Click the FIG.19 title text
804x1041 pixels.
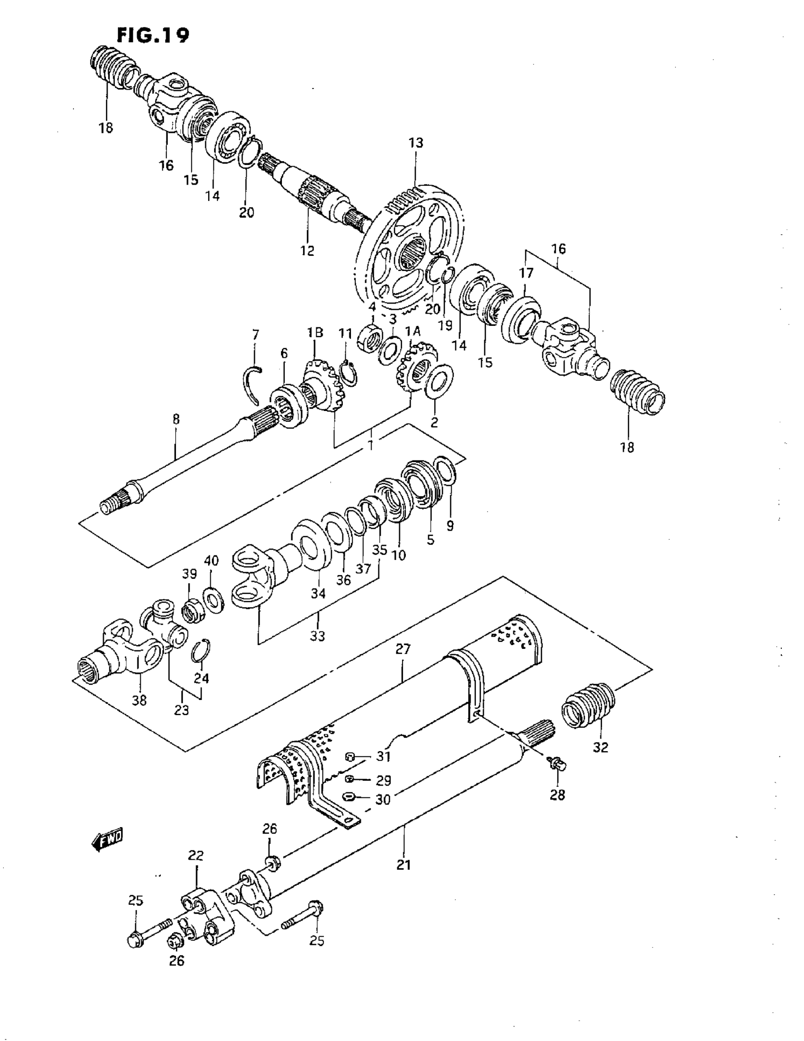point(153,35)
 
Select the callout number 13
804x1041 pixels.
point(416,142)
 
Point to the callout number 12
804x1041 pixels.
point(307,250)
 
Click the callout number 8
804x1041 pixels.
point(176,419)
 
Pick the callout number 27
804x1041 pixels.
point(403,649)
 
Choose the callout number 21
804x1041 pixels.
point(404,864)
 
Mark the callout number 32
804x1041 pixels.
point(601,747)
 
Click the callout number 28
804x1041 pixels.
point(557,795)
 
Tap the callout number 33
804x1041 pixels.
point(317,635)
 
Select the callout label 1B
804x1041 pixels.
point(315,332)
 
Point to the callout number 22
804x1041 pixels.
point(196,856)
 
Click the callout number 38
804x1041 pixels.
point(140,700)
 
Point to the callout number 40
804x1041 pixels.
point(211,560)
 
